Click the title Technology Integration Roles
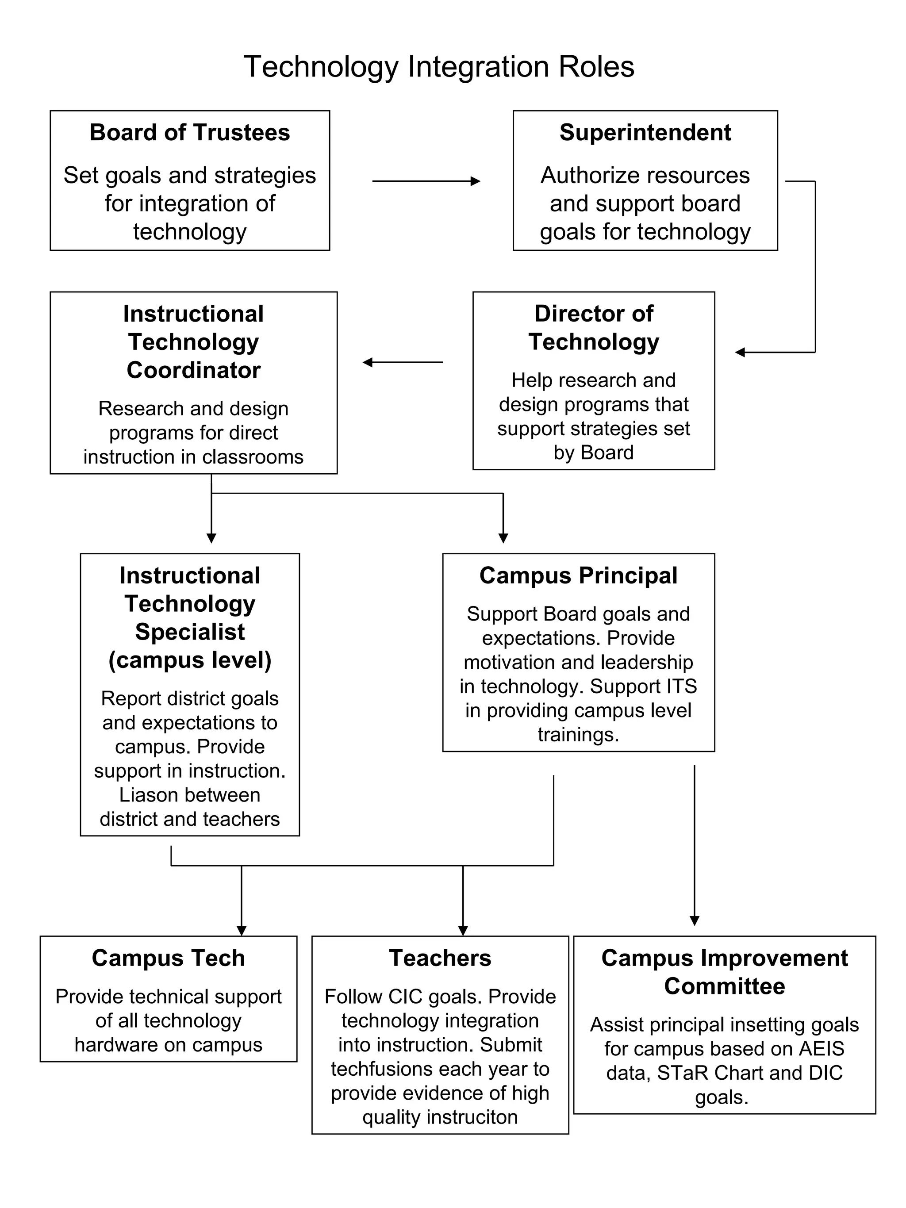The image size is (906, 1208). (438, 67)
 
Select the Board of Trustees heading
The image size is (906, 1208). (189, 133)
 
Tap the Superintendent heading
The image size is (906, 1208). (645, 133)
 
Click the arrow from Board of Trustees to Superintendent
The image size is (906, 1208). (426, 181)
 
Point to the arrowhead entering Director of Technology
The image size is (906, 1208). (741, 352)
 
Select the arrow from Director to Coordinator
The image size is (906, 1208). (403, 362)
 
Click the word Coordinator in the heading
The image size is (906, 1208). (193, 370)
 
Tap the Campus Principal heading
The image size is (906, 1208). (578, 575)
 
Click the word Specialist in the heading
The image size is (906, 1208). (189, 632)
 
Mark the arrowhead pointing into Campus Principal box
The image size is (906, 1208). (503, 538)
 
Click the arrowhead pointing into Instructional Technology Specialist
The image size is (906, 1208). (211, 538)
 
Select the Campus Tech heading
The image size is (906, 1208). (168, 958)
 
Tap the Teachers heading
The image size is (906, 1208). (440, 958)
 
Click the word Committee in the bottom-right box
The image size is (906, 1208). (724, 986)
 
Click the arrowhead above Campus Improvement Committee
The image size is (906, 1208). (694, 921)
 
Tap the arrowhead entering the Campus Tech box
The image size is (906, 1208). (242, 931)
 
